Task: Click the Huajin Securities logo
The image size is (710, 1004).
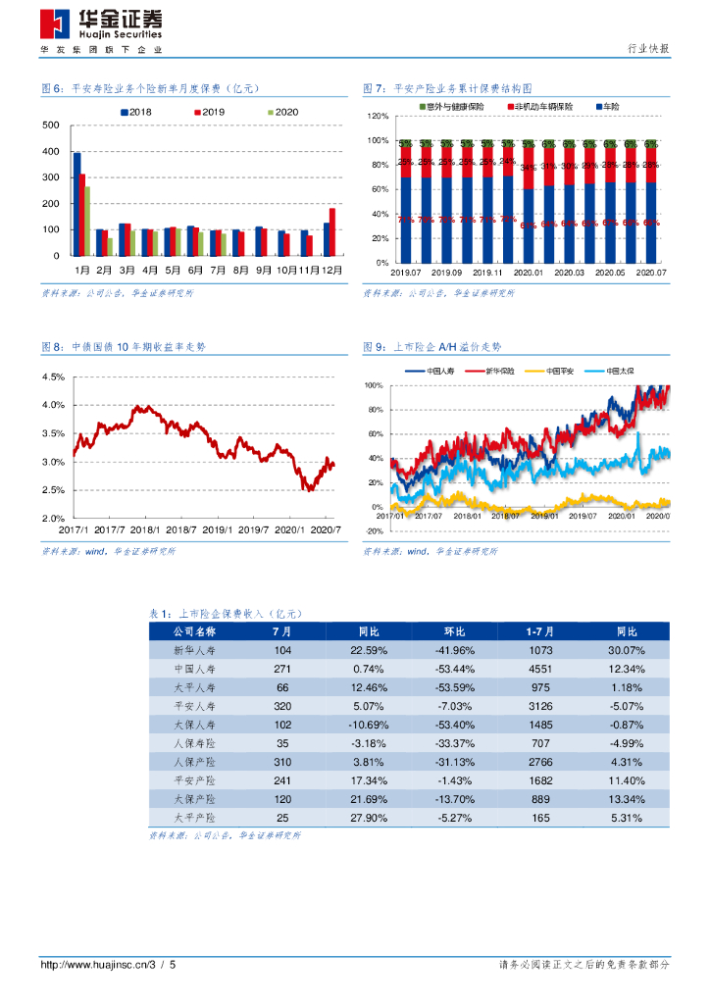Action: click(102, 25)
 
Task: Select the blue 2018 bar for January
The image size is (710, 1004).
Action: click(77, 203)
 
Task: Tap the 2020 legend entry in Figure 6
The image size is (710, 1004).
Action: click(282, 113)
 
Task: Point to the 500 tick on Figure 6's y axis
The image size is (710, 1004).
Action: click(51, 126)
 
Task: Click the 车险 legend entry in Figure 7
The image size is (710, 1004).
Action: click(608, 105)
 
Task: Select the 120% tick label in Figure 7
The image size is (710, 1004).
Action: click(378, 117)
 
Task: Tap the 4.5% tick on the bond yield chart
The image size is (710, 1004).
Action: click(53, 377)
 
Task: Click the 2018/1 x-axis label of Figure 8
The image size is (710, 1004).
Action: click(145, 528)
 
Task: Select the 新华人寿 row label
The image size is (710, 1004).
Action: click(193, 651)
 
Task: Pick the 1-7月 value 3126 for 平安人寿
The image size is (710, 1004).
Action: click(540, 706)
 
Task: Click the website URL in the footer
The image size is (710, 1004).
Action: click(98, 966)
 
